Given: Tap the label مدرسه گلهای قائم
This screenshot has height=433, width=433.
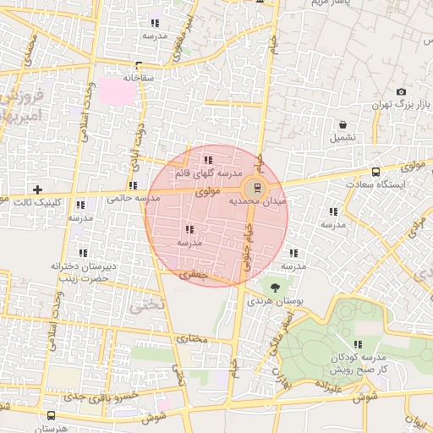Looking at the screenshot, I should [206, 173].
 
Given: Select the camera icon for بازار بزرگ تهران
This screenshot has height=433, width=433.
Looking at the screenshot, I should [401, 91].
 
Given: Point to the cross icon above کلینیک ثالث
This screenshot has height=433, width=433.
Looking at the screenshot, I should [36, 189].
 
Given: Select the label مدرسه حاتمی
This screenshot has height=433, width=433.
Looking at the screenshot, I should [134, 199].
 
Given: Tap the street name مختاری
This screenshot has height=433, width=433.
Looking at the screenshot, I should [191, 338].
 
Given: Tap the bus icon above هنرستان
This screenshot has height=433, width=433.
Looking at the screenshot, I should [52, 415].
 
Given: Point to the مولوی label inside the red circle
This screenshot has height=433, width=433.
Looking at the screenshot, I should [207, 192].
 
